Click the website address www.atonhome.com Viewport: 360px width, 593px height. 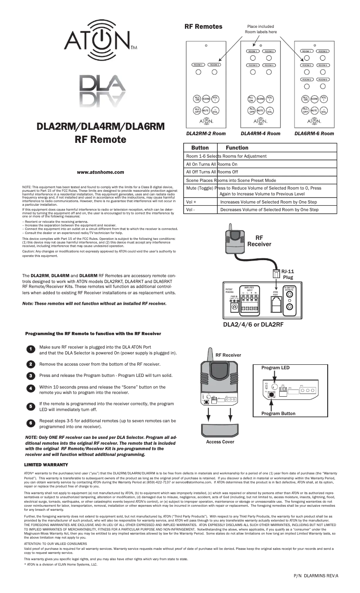100,172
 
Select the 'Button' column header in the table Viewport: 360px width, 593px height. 200,148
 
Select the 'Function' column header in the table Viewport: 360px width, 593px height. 237,148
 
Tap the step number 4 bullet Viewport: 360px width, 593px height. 30,388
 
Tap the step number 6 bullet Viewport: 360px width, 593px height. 30,423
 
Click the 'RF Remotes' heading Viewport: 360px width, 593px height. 203,27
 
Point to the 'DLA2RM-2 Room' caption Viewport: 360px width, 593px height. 206,133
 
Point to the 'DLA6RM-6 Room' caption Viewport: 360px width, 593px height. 314,133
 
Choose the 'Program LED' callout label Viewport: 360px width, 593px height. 276,367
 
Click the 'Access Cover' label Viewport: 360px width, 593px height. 220,442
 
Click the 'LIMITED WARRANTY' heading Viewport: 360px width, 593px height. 46,464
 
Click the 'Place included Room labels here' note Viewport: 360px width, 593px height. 260,29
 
